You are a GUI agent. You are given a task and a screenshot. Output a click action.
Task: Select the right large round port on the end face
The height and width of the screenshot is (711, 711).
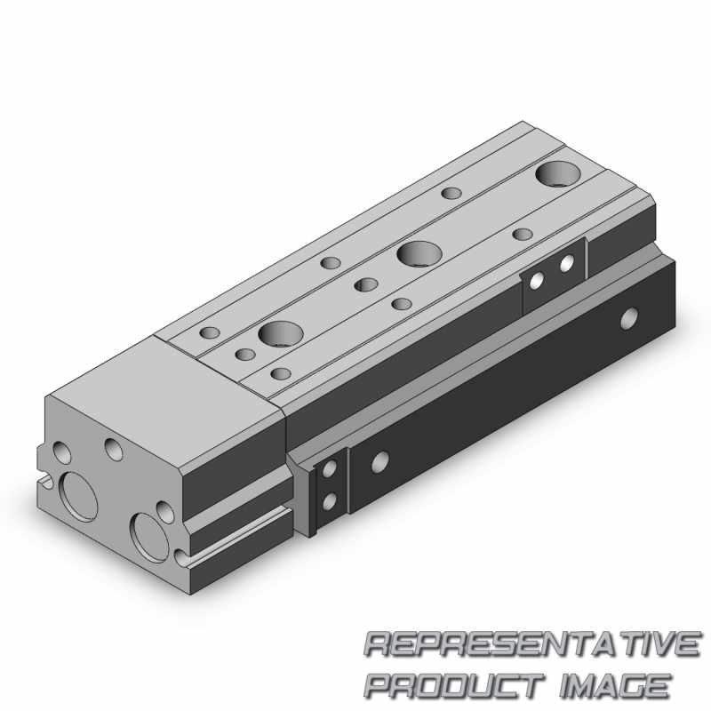[147, 532]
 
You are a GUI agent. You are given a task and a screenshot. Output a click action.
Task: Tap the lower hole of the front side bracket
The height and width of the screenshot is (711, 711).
[329, 502]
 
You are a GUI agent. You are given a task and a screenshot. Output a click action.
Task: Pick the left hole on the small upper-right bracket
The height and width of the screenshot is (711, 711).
[537, 280]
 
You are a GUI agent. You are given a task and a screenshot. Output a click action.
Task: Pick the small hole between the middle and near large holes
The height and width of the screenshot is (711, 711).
[363, 284]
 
